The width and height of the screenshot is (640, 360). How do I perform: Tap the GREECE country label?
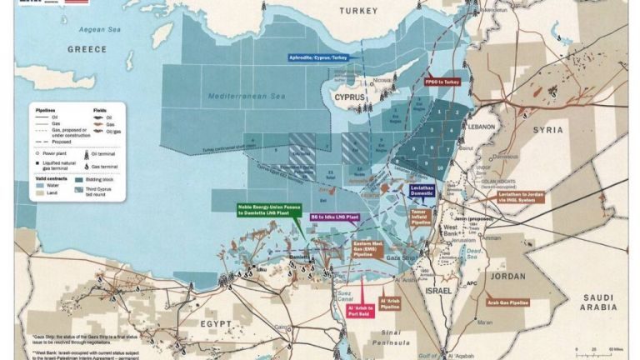87,49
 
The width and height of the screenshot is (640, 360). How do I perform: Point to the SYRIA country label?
547,130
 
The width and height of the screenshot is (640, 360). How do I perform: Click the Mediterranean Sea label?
248,97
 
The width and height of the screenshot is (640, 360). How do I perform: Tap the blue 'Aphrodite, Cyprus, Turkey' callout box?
317,57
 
